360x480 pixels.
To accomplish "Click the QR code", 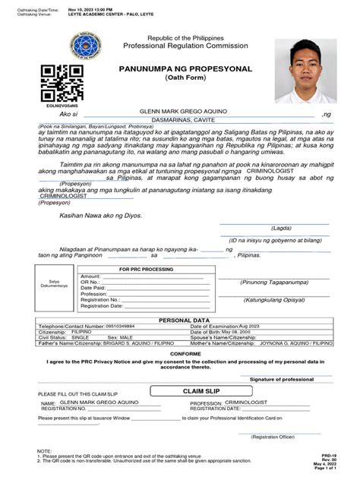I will click(x=62, y=84).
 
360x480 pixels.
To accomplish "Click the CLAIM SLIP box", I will click(x=197, y=390).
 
